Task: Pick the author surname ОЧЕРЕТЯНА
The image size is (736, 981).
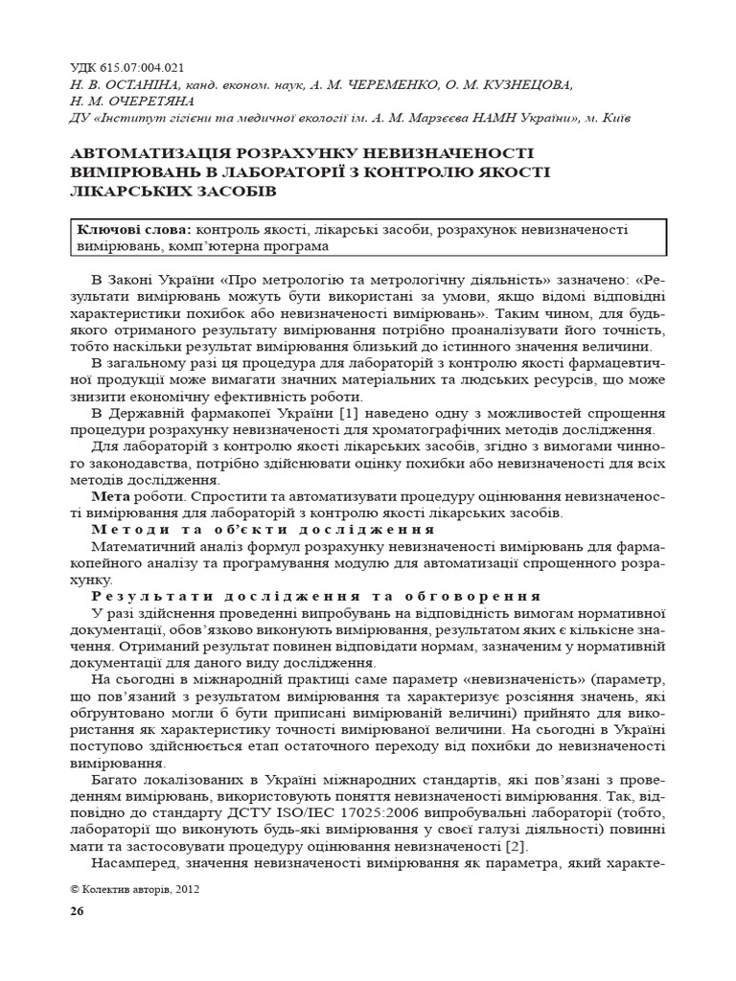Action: (x=152, y=101)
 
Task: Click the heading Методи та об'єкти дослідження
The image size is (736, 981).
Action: (x=263, y=530)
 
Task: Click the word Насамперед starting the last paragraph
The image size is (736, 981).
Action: (x=132, y=863)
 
